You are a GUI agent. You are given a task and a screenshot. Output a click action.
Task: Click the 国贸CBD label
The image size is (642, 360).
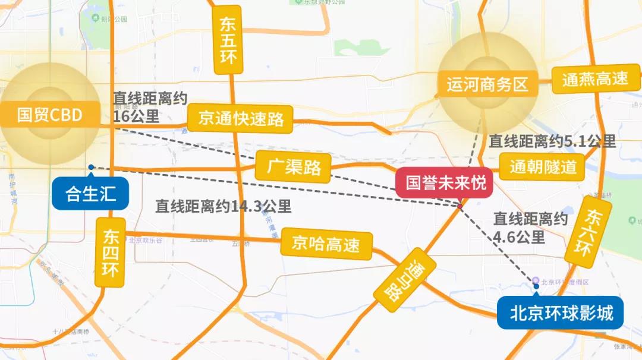tap(49, 115)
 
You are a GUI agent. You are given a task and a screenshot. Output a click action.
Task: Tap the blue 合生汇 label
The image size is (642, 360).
tap(90, 194)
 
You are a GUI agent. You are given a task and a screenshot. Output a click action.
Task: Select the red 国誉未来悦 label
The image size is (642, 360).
tap(446, 182)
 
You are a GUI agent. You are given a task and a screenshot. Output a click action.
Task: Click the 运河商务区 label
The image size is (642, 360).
tap(487, 84)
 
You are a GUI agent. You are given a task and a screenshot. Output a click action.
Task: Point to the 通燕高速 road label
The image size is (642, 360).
tap(595, 79)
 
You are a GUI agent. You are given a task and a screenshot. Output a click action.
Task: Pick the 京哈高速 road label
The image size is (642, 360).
tap(326, 244)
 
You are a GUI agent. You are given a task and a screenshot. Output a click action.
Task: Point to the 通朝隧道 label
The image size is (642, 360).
tap(543, 167)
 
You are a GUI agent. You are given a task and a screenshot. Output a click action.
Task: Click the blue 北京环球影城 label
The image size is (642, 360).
tap(561, 312)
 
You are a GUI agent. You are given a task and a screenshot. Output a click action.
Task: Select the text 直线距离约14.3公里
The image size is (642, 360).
tap(224, 206)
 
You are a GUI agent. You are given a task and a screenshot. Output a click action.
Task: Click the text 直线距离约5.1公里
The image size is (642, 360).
tap(552, 141)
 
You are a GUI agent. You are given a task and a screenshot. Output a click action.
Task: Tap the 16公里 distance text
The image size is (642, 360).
tap(136, 116)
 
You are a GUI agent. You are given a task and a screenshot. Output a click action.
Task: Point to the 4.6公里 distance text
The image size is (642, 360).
tap(519, 236)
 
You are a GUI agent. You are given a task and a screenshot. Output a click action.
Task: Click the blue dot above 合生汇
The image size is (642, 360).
tap(90, 167)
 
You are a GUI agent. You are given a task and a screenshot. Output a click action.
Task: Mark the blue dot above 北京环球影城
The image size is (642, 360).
tap(536, 286)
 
